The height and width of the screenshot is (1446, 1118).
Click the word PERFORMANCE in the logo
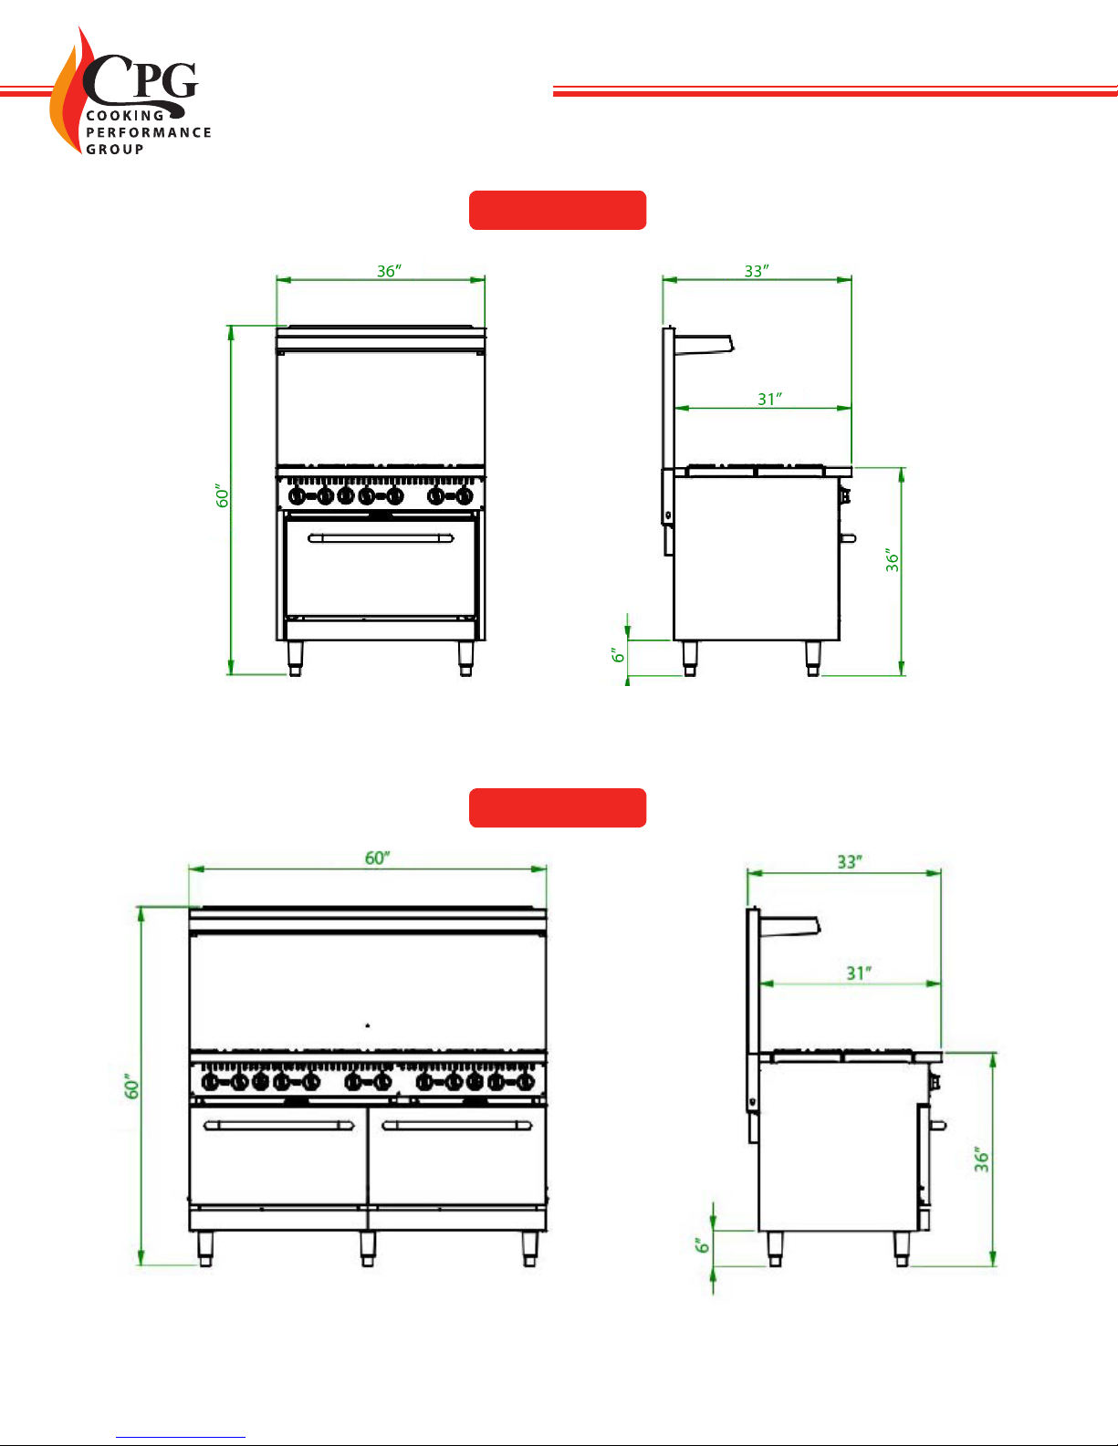click(x=149, y=132)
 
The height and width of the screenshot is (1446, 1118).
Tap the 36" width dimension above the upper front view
click(x=390, y=271)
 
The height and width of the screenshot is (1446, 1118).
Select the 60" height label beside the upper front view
click(x=223, y=495)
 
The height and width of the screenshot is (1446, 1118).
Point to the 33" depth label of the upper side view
click(x=757, y=271)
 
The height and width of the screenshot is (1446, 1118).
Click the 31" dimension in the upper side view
click(x=770, y=399)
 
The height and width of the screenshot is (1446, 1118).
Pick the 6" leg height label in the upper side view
click(x=618, y=655)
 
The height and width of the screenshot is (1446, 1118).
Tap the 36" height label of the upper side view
click(x=892, y=559)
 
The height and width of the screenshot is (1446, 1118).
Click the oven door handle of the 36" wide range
click(x=381, y=537)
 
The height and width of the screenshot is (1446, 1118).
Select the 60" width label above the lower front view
click(x=377, y=858)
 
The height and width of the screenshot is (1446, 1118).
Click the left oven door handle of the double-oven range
click(x=279, y=1125)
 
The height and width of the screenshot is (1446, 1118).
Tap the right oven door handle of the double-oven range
click(x=457, y=1125)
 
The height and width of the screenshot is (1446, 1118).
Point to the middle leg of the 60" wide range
click(x=367, y=1248)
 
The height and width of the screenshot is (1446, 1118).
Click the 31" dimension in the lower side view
click(x=859, y=973)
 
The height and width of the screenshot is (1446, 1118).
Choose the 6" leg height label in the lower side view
click(x=703, y=1244)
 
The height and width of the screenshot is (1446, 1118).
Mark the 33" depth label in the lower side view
click(x=850, y=862)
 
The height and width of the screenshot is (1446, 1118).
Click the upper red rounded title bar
click(x=558, y=210)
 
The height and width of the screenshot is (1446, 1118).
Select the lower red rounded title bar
click(x=558, y=807)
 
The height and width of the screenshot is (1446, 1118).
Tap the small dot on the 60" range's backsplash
click(x=367, y=1025)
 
